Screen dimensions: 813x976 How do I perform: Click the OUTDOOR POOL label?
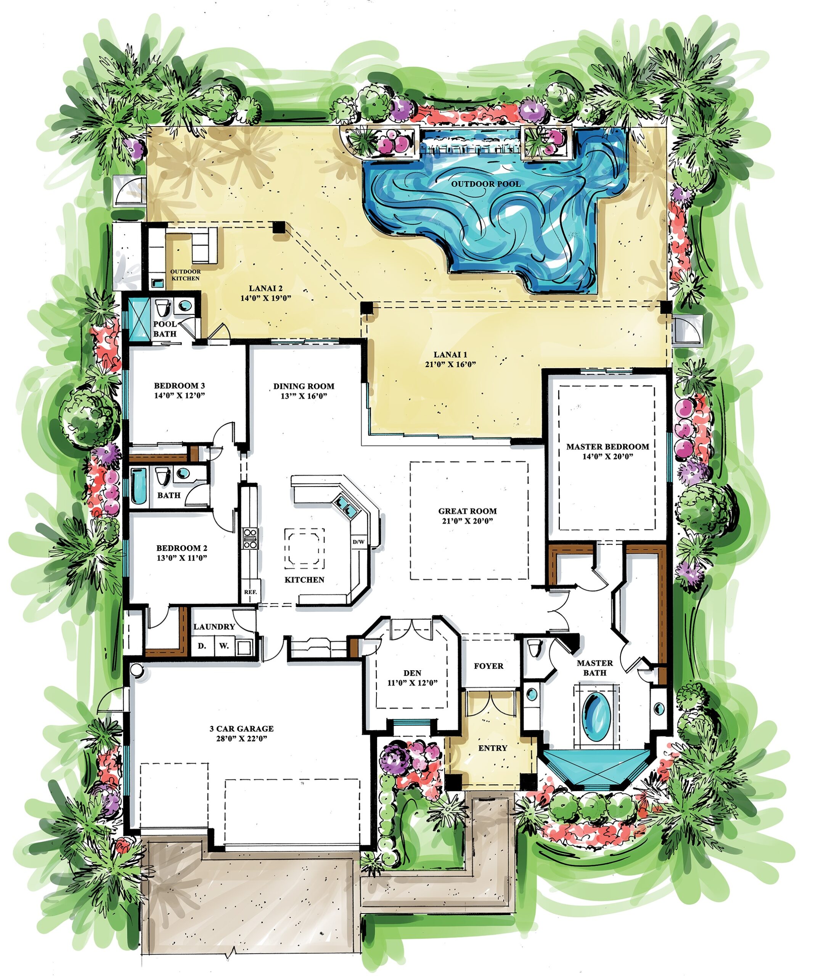[486, 184]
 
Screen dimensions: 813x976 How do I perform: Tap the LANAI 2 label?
[265, 289]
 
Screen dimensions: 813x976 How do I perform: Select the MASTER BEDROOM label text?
[607, 447]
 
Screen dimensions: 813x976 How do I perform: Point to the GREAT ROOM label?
[467, 511]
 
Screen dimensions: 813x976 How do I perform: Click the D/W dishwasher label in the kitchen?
[358, 542]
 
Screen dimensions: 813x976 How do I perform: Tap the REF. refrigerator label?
[251, 592]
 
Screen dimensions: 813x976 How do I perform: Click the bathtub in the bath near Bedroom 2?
[138, 486]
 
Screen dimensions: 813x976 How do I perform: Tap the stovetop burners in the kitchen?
[250, 539]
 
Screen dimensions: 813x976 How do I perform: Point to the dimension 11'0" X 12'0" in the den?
[412, 683]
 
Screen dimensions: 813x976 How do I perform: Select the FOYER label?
[488, 666]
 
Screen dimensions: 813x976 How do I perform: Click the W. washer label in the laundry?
[224, 646]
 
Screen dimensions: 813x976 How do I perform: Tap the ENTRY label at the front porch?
[493, 748]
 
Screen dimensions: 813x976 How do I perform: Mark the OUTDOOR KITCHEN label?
[185, 274]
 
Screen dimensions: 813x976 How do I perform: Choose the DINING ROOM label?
[304, 386]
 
